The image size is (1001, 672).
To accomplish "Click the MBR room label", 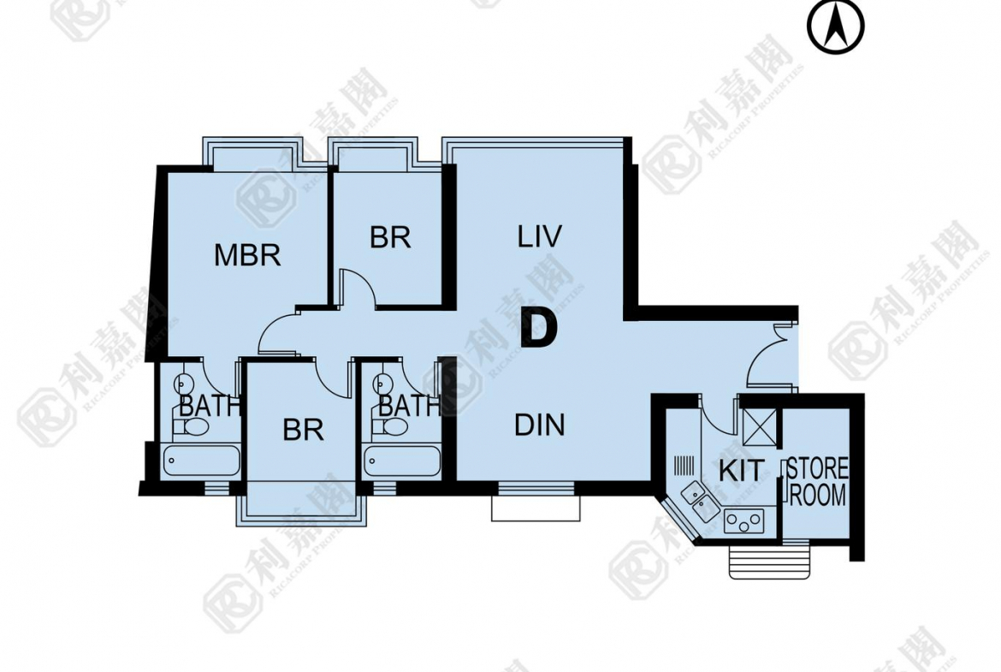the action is (x=247, y=255).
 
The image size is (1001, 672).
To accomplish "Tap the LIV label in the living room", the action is (x=540, y=236).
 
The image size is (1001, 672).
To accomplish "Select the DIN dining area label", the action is (x=540, y=425).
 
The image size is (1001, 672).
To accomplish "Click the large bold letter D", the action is (x=540, y=328).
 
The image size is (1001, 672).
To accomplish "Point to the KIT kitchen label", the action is (x=740, y=472).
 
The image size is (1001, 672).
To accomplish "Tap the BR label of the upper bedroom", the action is (x=390, y=238).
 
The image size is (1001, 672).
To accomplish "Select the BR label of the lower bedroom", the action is (x=303, y=431).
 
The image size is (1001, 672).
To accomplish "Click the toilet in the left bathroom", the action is (x=190, y=426).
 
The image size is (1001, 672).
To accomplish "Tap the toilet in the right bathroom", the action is (x=390, y=426).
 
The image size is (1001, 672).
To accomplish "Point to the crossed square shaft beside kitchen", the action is (x=760, y=427).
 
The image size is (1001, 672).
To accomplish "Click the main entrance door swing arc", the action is (x=761, y=358).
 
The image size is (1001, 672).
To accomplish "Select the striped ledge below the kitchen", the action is (x=771, y=561).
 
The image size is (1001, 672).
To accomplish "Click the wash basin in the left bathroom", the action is (x=184, y=384).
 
